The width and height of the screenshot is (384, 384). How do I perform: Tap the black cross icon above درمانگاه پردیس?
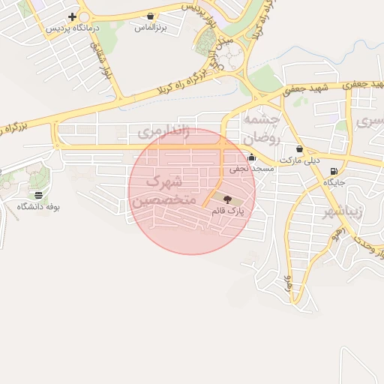[72, 16]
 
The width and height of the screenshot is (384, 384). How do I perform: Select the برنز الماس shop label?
[149, 28]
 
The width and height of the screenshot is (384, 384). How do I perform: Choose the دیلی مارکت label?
[300, 160]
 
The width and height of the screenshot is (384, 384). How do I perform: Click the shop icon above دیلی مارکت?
[300, 148]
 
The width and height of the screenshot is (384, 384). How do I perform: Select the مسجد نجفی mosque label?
[252, 169]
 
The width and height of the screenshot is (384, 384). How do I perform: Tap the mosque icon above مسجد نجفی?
[251, 157]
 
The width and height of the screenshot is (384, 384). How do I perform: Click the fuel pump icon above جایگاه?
[333, 170]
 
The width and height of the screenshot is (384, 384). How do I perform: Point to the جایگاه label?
[333, 182]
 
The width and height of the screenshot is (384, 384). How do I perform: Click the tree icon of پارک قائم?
[227, 199]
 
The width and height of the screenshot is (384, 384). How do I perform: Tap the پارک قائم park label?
[228, 211]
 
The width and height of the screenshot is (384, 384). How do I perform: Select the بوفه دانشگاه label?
[38, 206]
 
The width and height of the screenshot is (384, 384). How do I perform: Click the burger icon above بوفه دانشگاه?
[38, 194]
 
